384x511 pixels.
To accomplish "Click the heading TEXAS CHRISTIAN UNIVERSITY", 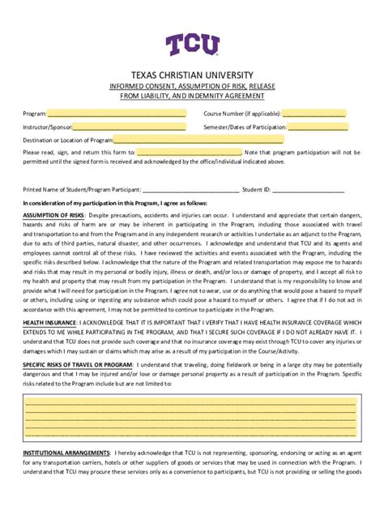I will point(192,75).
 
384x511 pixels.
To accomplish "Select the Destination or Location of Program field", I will point(198,140).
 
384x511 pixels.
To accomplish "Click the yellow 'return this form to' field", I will point(189,152).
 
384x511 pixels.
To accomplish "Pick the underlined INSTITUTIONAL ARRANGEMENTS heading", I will point(66,452).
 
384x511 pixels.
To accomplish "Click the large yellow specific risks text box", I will point(191,416).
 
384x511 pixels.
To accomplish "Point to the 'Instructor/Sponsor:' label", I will point(47,127).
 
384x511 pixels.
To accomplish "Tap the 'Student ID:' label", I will point(256,189).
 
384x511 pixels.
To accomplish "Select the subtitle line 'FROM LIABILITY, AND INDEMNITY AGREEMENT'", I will point(192,96).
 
